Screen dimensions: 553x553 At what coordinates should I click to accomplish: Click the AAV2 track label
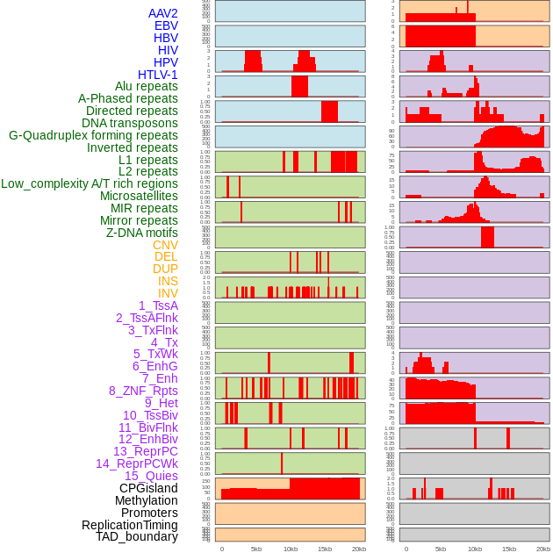(x=163, y=13)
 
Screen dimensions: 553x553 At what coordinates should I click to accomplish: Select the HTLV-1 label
(x=158, y=75)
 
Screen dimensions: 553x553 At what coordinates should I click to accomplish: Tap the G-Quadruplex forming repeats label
(x=93, y=135)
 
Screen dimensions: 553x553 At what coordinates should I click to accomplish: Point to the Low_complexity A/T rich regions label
(x=90, y=183)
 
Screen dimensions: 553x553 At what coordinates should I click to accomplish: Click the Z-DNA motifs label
(x=142, y=233)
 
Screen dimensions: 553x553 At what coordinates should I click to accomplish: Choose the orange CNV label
(x=165, y=245)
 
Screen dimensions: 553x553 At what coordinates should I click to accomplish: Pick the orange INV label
(x=168, y=293)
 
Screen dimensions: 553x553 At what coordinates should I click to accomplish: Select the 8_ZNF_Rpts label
(x=143, y=391)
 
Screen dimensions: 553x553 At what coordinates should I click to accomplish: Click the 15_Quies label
(x=151, y=476)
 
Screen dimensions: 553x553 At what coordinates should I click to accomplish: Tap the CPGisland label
(x=148, y=488)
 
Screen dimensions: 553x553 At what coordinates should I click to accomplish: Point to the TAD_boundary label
(x=137, y=536)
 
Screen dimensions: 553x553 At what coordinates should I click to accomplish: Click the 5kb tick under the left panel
(x=256, y=549)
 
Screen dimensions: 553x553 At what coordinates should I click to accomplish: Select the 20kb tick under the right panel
(x=543, y=549)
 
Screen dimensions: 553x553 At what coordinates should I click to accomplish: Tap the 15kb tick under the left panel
(x=325, y=549)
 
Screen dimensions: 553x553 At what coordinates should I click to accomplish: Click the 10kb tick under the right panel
(x=475, y=549)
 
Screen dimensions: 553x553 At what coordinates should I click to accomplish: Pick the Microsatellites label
(x=139, y=196)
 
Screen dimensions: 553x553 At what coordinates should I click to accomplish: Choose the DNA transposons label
(x=130, y=123)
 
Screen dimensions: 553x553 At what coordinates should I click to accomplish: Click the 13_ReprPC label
(x=145, y=451)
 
